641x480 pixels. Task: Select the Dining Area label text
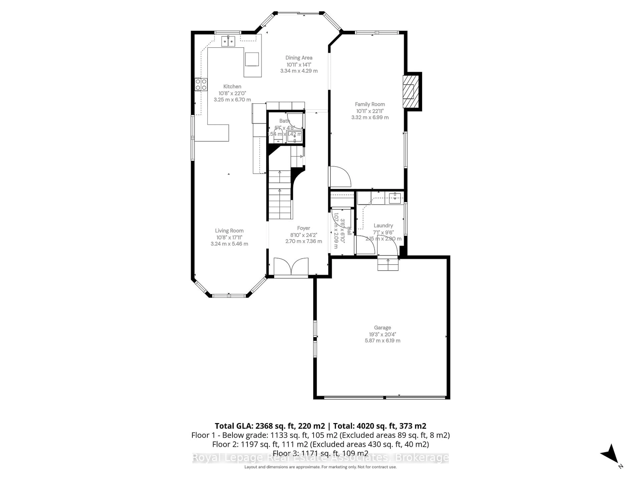299,57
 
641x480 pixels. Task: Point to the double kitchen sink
228,41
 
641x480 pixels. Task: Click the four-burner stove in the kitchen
201,84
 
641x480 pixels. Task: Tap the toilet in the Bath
278,135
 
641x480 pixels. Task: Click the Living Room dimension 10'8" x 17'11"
229,237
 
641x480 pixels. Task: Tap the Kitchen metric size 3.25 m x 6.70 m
232,99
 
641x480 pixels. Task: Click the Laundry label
383,225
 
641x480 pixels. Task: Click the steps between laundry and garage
388,264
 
